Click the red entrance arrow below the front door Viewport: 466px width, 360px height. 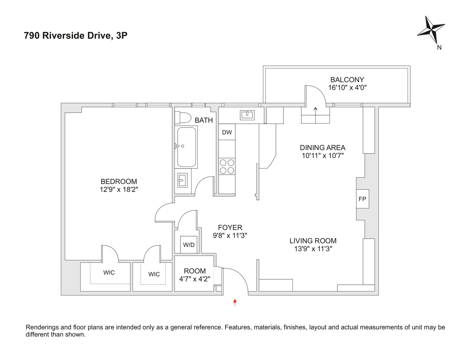point(235,302)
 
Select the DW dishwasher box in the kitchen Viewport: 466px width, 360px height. point(227,132)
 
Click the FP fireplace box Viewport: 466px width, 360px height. point(362,199)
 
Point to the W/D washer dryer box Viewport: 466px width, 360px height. point(189,245)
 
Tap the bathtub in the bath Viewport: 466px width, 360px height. point(187,147)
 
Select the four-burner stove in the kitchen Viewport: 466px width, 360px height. point(227,166)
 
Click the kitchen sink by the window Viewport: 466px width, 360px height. point(247,115)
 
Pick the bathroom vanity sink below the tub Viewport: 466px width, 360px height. point(183,180)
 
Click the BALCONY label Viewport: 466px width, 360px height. point(347,80)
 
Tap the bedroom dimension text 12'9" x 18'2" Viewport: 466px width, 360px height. point(119,189)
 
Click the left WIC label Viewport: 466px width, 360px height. point(109,273)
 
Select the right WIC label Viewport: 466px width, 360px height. point(154,274)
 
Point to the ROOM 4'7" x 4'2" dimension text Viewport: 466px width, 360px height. point(194,279)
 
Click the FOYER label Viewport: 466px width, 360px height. point(230,228)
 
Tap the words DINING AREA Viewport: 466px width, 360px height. point(322,148)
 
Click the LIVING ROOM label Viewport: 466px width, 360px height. point(313,241)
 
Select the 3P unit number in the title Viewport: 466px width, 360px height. point(122,36)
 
